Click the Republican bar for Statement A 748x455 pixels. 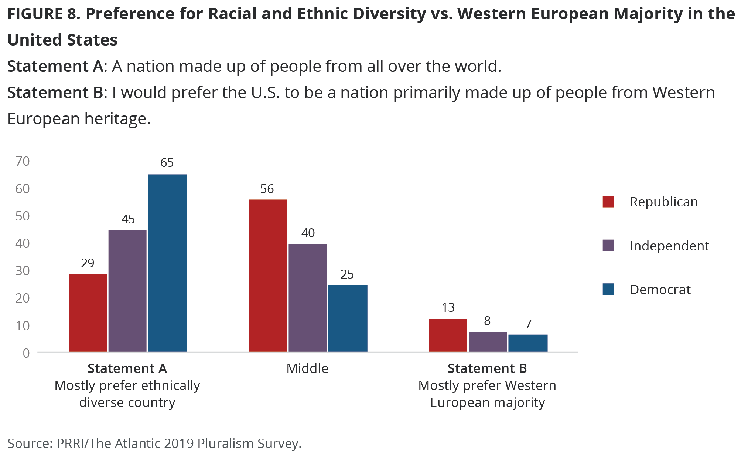[x=88, y=313]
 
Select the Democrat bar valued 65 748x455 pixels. [x=168, y=263]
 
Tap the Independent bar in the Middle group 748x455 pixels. [x=308, y=298]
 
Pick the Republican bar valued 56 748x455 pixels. [x=268, y=276]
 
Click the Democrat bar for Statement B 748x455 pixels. [x=528, y=343]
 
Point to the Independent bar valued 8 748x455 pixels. [x=488, y=342]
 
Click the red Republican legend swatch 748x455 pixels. [x=608, y=202]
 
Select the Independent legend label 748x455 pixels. [x=669, y=246]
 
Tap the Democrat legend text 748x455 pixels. [x=660, y=290]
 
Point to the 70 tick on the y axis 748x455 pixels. [x=23, y=161]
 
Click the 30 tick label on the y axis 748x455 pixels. [x=23, y=271]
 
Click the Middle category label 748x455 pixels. [x=307, y=368]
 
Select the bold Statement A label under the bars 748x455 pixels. [x=127, y=368]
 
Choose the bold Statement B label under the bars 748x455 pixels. [x=487, y=368]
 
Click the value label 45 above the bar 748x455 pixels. [x=128, y=219]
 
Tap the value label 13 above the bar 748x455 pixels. [x=448, y=308]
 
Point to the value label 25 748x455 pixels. [x=347, y=274]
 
